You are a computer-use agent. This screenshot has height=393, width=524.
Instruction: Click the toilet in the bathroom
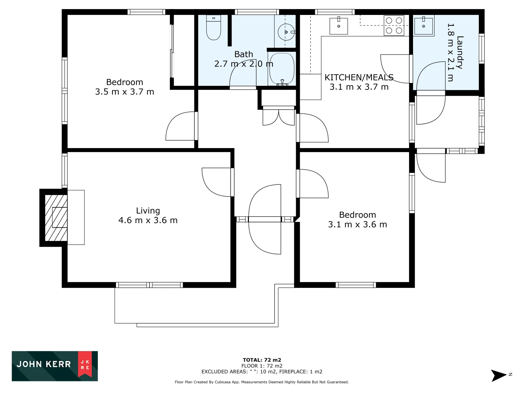point(214,28)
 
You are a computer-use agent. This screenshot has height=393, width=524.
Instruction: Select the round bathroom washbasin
point(286,32)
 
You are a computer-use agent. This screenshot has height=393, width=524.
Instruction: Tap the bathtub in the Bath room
point(282,69)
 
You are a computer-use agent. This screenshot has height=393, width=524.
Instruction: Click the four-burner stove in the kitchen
point(394,25)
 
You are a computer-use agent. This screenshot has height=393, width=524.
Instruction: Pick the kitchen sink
point(338,26)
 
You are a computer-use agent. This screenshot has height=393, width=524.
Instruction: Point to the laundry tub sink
point(424,25)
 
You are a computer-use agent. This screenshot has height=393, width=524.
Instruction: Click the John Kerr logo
point(55,366)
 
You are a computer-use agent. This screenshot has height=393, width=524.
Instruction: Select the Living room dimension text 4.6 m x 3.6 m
point(148,221)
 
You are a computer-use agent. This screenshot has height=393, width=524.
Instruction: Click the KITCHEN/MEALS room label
point(359,78)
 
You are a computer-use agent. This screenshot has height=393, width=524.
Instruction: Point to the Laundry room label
point(460,52)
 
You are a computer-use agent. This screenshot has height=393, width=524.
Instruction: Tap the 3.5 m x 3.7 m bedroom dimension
point(124,92)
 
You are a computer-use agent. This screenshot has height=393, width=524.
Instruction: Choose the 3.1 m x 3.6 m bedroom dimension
point(357,225)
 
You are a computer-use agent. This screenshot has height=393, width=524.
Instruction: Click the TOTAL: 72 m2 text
point(262,360)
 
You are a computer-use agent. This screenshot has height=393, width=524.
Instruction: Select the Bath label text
point(243,54)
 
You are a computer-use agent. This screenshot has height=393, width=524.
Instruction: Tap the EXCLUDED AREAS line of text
point(262,372)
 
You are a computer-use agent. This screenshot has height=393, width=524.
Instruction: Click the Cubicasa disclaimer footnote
point(262,382)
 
